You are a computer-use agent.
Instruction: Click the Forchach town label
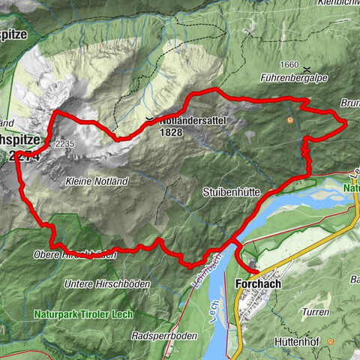coord(259,285)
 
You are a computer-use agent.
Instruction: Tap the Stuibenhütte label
coord(231,193)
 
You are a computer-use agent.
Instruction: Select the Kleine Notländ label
coord(97,181)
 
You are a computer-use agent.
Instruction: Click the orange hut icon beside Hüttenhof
coord(331,341)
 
